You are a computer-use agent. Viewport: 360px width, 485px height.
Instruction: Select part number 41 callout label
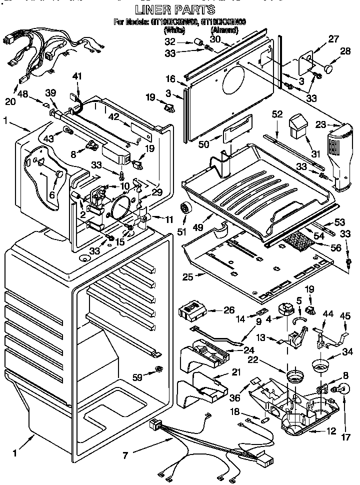tap(76, 76)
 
